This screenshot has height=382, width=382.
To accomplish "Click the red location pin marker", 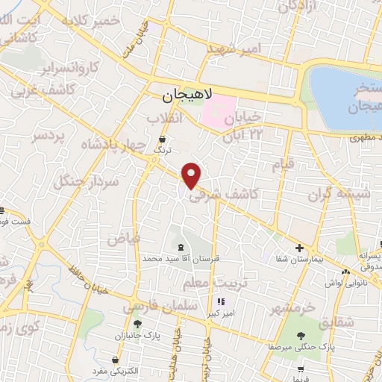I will (192, 175).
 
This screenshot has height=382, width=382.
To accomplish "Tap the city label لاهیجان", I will (187, 95).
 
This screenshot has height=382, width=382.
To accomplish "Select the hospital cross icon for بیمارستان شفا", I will (298, 248).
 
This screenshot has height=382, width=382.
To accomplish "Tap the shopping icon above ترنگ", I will (163, 139).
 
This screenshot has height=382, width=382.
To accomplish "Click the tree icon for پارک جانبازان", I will (138, 323).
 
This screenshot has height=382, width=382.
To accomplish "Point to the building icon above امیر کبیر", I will (220, 302).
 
